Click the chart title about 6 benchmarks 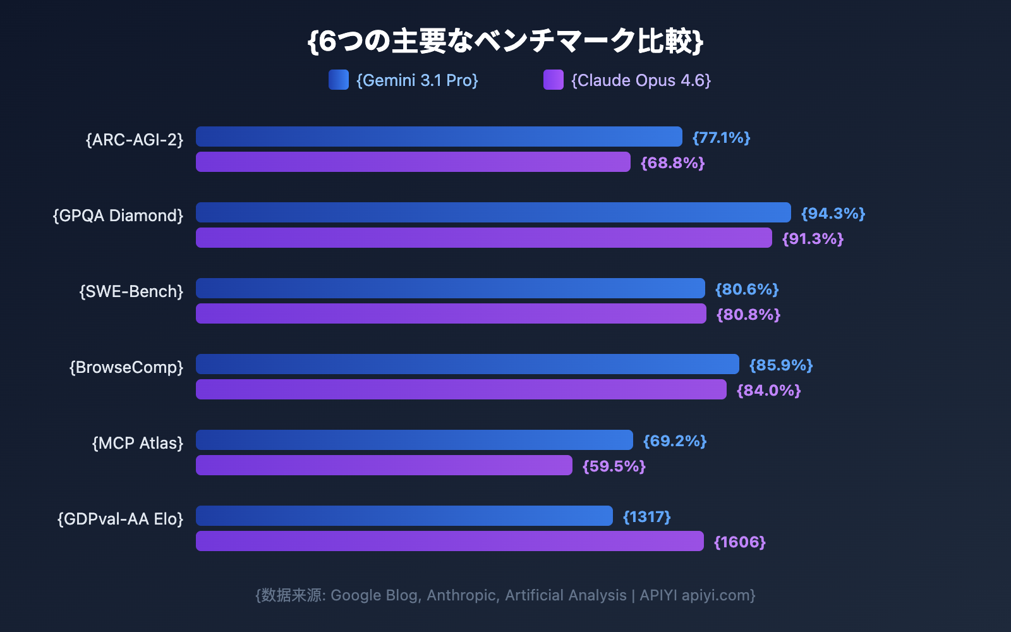(x=505, y=41)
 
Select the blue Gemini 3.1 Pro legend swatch (x=339, y=80)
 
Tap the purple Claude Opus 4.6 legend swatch (x=554, y=80)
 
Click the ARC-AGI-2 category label (x=135, y=140)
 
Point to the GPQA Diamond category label (x=118, y=216)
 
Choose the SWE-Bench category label (x=131, y=291)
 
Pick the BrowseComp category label (x=126, y=367)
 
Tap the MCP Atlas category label (x=138, y=443)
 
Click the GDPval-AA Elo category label (x=121, y=519)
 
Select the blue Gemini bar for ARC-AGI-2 (x=439, y=137)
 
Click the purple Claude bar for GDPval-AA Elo (x=450, y=541)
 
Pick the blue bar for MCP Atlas (x=415, y=440)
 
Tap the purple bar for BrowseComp (x=461, y=389)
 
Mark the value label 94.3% (x=833, y=214)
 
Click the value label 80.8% (x=748, y=315)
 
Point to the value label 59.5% (x=614, y=466)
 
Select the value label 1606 (x=739, y=542)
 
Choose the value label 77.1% (x=721, y=138)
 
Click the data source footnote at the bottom (x=505, y=595)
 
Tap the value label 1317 (x=646, y=517)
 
